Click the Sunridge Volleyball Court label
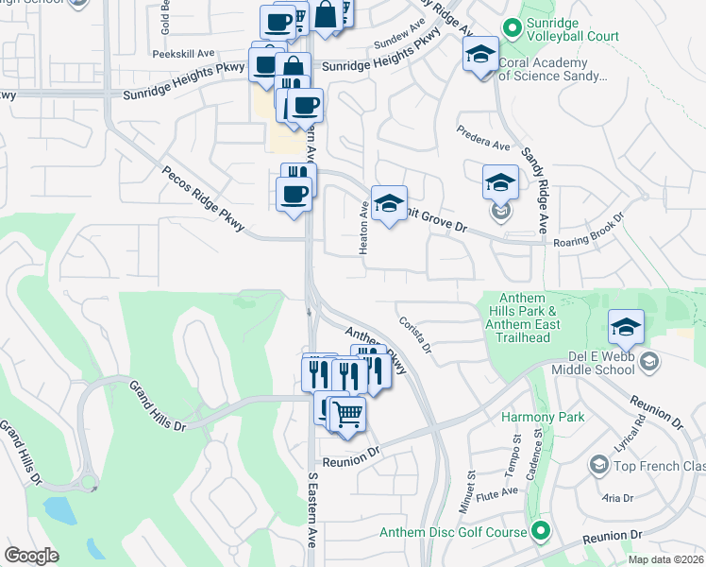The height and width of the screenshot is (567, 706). (572, 36)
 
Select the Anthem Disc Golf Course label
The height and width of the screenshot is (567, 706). (453, 532)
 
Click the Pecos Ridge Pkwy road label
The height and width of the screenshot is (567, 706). (204, 199)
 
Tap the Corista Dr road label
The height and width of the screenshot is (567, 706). (414, 335)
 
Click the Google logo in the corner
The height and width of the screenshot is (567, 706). (31, 556)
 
